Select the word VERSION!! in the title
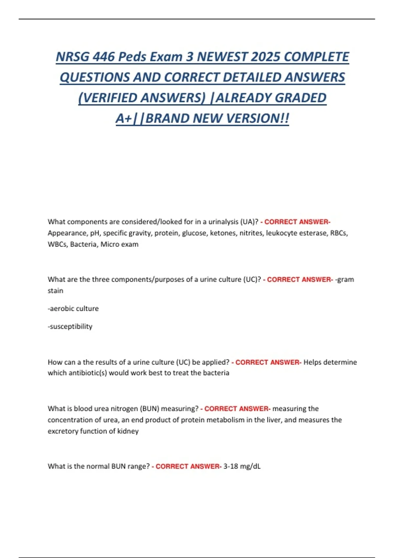pos(257,118)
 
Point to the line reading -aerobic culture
pos(73,309)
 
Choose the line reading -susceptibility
pos(70,326)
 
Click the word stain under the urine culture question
pos(55,291)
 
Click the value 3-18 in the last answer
pos(231,466)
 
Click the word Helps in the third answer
pos(312,362)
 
